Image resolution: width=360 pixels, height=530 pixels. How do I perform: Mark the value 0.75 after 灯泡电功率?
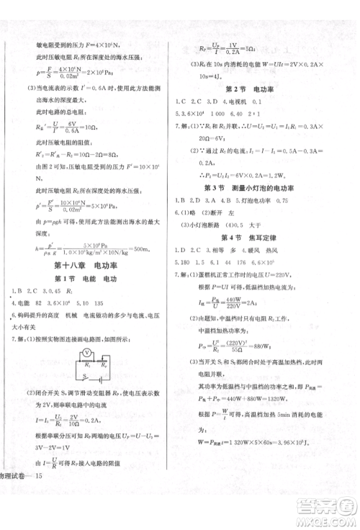coord(287,199)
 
